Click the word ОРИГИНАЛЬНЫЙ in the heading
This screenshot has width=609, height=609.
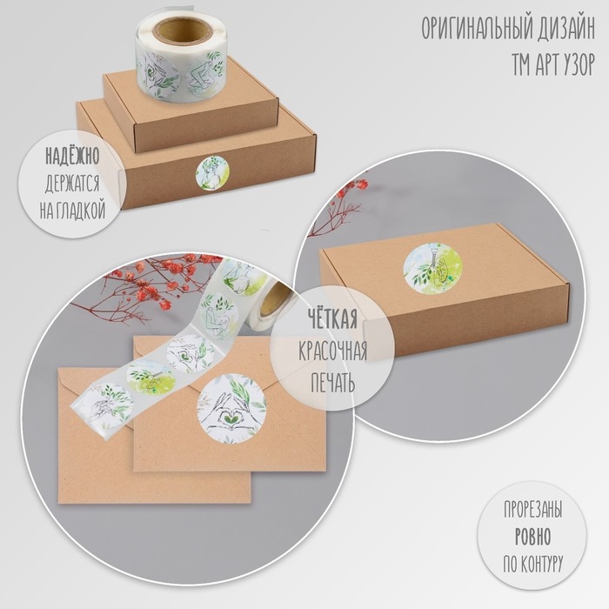coord(476,29)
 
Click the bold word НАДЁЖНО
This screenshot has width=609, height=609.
coord(72,156)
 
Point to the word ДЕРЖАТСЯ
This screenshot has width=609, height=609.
coord(72,184)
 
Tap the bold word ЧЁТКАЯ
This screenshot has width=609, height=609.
coord(332,318)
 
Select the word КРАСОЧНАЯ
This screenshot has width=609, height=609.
coord(333,351)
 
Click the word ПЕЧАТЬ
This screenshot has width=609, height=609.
coord(333,382)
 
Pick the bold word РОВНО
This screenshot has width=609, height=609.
coord(532,537)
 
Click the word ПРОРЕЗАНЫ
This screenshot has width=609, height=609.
coord(532,509)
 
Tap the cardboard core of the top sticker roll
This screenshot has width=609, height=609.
coord(180,30)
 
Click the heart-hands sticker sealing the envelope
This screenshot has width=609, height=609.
coord(231,408)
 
